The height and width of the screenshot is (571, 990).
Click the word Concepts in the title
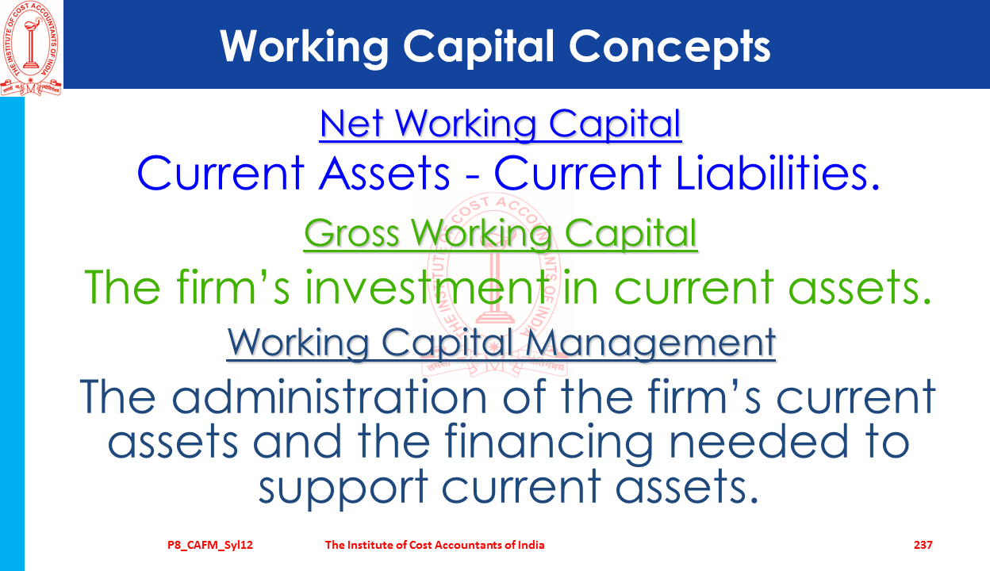click(670, 47)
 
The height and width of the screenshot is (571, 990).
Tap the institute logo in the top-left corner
click(31, 48)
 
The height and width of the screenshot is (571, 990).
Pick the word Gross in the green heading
click(351, 233)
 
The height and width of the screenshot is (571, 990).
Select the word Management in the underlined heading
click(650, 343)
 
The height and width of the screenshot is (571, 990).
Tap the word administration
click(329, 397)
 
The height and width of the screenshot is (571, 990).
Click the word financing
click(548, 442)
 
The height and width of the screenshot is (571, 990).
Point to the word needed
click(759, 442)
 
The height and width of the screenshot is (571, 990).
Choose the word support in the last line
click(343, 488)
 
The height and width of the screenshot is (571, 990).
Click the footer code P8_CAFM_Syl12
click(210, 545)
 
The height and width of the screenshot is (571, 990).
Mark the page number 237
click(923, 545)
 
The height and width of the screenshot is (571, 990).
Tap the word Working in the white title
click(304, 47)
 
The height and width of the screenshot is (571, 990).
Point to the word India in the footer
click(531, 545)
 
